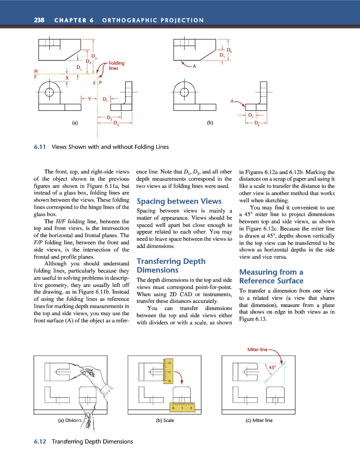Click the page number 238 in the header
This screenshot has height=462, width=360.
point(39,20)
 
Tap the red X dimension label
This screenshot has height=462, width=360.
point(67,78)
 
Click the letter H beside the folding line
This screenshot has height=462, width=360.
point(35,71)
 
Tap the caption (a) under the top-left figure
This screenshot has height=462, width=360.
point(75,123)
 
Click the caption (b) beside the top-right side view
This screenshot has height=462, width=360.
point(210,123)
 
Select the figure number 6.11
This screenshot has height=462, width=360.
point(40,147)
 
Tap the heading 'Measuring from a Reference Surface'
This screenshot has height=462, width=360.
point(271,276)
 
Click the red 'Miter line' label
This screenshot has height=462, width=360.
point(257,350)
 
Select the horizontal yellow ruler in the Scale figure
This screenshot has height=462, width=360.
point(182,408)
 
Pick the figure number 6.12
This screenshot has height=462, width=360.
point(41,441)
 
